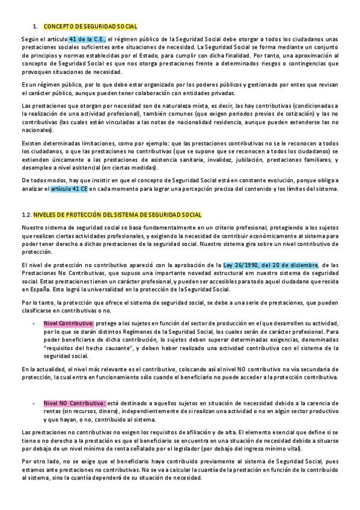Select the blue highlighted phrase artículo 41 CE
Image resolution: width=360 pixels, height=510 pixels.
coord(69,189)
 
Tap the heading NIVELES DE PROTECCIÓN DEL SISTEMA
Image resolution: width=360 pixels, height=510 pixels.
coord(118,215)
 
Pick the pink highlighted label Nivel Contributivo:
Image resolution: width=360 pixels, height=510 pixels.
coord(66,323)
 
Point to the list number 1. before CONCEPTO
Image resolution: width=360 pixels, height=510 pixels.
coord(35,26)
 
